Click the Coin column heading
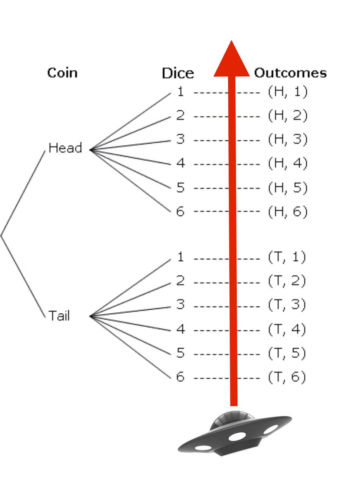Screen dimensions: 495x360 point(62,73)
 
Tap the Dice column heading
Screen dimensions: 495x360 point(178,73)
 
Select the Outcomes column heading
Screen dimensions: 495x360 point(290,73)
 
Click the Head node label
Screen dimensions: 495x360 point(65,148)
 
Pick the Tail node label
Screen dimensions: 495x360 point(59,316)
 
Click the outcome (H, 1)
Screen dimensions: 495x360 point(287,92)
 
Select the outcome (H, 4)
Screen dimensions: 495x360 point(287,164)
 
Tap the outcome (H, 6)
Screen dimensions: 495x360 point(287,212)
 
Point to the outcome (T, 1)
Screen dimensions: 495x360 point(287,257)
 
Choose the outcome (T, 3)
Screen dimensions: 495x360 point(287,305)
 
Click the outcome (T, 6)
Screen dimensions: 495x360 point(287,377)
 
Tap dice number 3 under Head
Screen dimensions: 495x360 point(180,140)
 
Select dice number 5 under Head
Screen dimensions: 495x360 point(180,188)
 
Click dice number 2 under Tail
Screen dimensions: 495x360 point(180,281)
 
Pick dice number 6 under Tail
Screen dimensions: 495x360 point(180,377)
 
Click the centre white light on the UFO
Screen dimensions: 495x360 point(237,436)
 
